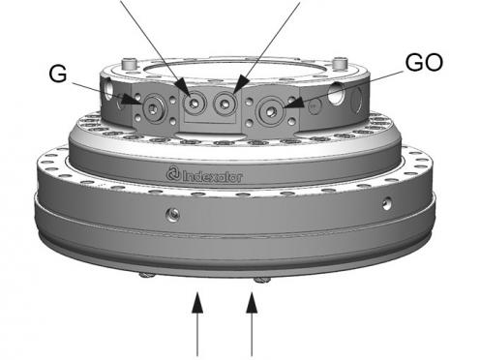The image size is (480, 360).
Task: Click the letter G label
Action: [x=58, y=74]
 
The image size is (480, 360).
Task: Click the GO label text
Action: [x=424, y=63]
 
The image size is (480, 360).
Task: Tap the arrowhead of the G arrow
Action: [x=132, y=100]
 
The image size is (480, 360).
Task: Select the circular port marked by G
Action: [x=154, y=109]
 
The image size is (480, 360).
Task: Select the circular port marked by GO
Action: [x=270, y=111]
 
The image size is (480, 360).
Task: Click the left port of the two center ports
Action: [x=195, y=104]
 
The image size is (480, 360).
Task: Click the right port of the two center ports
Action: [x=224, y=104]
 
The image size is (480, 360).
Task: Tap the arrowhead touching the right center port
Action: [x=240, y=86]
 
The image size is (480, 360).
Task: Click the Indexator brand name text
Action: [x=212, y=176]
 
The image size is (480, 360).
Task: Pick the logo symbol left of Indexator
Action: [x=173, y=173]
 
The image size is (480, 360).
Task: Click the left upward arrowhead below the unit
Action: [x=197, y=303]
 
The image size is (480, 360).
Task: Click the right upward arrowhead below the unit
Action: [x=252, y=303]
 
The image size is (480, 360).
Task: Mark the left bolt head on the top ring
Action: [x=128, y=64]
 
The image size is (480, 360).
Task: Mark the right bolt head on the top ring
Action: [x=340, y=63]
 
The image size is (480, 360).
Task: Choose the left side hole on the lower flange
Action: [x=173, y=214]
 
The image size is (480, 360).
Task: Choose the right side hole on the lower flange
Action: [x=387, y=203]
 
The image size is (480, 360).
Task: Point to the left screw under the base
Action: [x=147, y=275]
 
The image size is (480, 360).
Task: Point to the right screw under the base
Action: [x=262, y=280]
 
